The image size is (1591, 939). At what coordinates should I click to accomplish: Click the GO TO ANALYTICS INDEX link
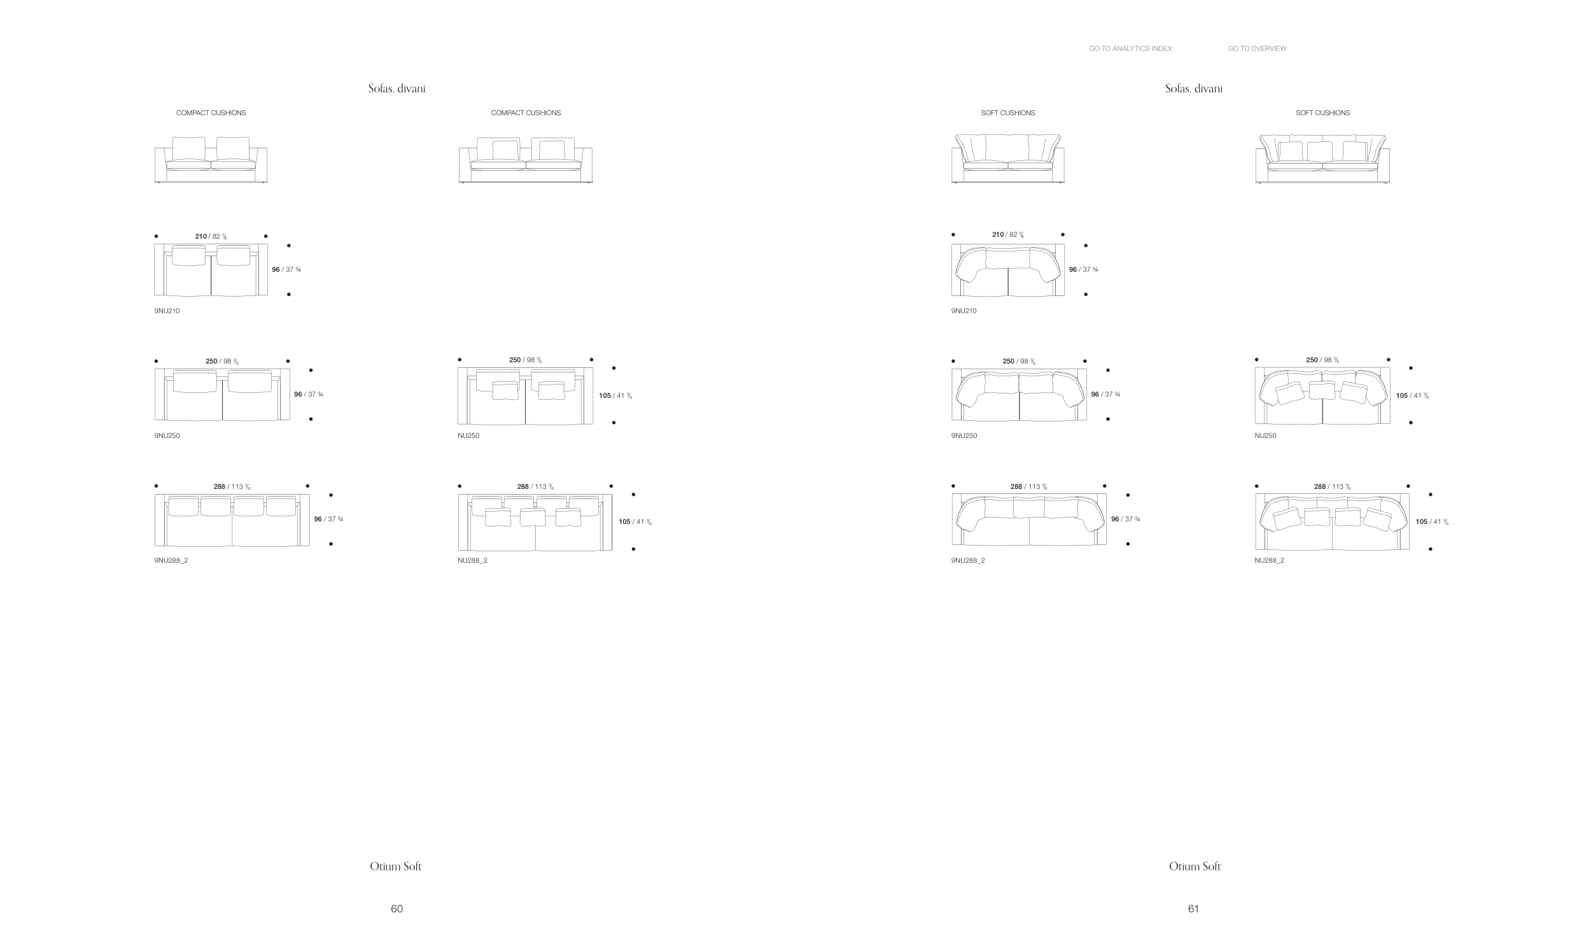point(1130,48)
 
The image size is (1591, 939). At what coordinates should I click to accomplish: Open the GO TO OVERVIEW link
point(1257,48)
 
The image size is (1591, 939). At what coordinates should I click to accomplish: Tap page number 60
point(396,908)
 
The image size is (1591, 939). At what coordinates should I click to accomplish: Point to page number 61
point(1193,908)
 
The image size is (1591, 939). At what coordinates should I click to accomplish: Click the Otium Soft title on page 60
point(395,866)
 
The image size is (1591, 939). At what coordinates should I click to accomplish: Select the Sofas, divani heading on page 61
point(1193,88)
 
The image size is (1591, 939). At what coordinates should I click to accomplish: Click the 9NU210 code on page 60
point(167,311)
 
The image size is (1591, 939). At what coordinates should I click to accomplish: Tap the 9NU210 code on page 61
point(964,311)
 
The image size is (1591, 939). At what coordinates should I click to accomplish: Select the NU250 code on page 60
point(468,435)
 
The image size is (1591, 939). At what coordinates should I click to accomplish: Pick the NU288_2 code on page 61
point(1269,560)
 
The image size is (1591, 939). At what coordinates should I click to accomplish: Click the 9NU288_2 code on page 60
point(171,560)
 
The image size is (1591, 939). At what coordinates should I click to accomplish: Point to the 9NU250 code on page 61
point(964,435)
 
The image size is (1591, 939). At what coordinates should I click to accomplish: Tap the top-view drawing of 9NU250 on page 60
point(222,394)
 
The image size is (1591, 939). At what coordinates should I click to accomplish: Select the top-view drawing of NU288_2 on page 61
point(1332,521)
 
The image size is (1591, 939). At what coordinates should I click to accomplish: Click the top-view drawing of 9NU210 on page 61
point(1007,270)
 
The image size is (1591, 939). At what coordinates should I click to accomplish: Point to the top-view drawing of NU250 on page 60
point(525,395)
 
